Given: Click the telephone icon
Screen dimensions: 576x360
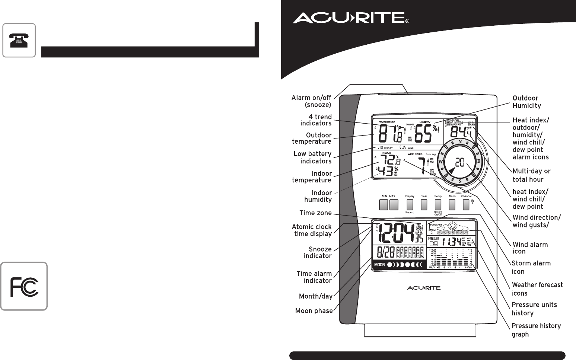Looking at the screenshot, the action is (19, 40).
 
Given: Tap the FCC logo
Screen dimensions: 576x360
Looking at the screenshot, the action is (24, 286).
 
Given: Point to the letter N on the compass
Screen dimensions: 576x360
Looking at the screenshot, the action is (460, 142).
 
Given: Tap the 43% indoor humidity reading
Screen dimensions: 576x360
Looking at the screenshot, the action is (387, 171).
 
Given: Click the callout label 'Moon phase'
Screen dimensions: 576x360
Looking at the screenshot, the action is (314, 310).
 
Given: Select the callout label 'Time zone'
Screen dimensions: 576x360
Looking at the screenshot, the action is (315, 213).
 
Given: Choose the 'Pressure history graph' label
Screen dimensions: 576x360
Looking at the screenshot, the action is (536, 330).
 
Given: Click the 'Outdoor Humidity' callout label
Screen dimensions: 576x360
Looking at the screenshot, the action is (526, 102).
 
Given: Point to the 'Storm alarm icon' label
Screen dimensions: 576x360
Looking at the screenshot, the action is (531, 267).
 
